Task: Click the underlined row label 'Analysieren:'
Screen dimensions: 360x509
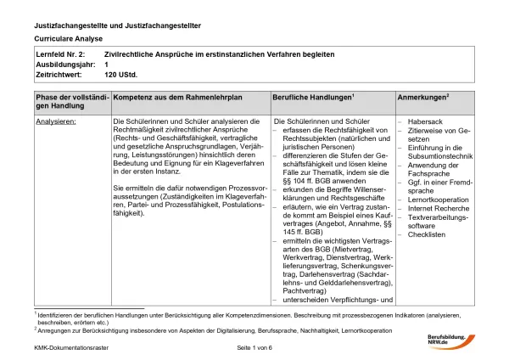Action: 56,122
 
